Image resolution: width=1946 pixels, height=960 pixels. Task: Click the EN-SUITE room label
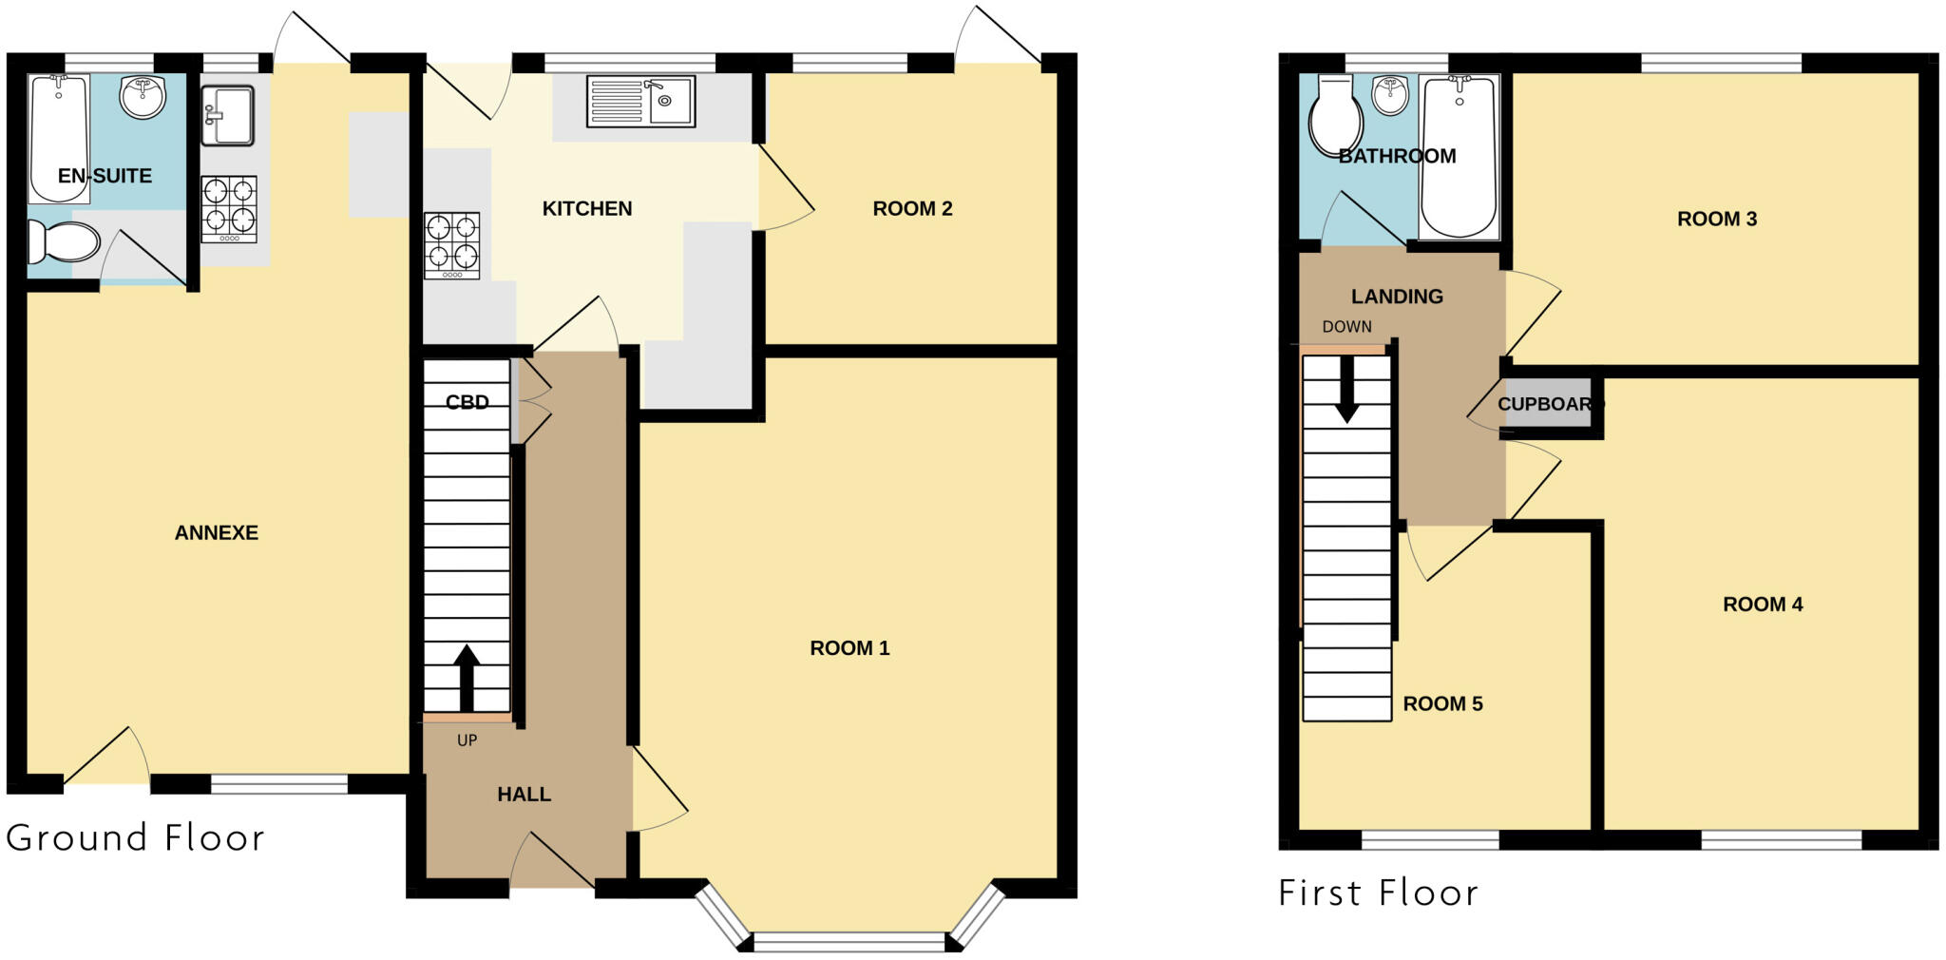[105, 176]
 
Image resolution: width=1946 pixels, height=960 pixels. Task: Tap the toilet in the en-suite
[63, 241]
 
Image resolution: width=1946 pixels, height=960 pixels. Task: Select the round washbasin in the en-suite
[143, 98]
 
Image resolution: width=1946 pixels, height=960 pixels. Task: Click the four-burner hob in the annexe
[228, 208]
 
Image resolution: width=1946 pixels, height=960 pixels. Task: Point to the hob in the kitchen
[452, 245]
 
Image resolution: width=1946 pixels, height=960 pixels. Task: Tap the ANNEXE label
[217, 533]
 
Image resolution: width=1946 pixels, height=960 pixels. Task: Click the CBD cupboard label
[467, 402]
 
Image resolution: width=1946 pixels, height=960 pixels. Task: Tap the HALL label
[524, 795]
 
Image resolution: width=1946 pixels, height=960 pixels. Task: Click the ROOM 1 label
[849, 648]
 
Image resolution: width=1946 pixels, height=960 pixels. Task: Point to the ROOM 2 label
[912, 209]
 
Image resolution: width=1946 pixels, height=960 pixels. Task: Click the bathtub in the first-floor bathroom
[1459, 157]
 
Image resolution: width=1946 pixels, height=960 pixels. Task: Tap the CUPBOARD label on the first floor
[1547, 404]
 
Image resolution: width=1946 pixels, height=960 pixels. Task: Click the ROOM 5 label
[1442, 704]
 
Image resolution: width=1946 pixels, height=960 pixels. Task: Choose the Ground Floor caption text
[135, 838]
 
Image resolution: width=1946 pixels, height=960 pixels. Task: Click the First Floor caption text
[1378, 893]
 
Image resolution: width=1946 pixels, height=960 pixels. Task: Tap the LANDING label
[1397, 297]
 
